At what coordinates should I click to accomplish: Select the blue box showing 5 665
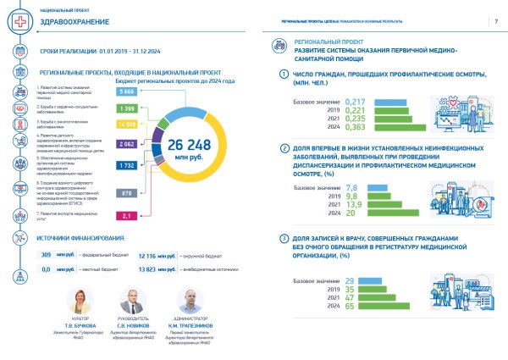coord(128,91)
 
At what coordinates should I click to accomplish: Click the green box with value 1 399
coord(128,109)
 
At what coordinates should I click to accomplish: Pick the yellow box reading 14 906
coord(130,125)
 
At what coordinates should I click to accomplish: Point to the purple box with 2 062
coord(129,146)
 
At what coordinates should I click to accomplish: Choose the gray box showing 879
coord(128,194)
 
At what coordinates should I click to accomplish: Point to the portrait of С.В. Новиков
coord(129,301)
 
